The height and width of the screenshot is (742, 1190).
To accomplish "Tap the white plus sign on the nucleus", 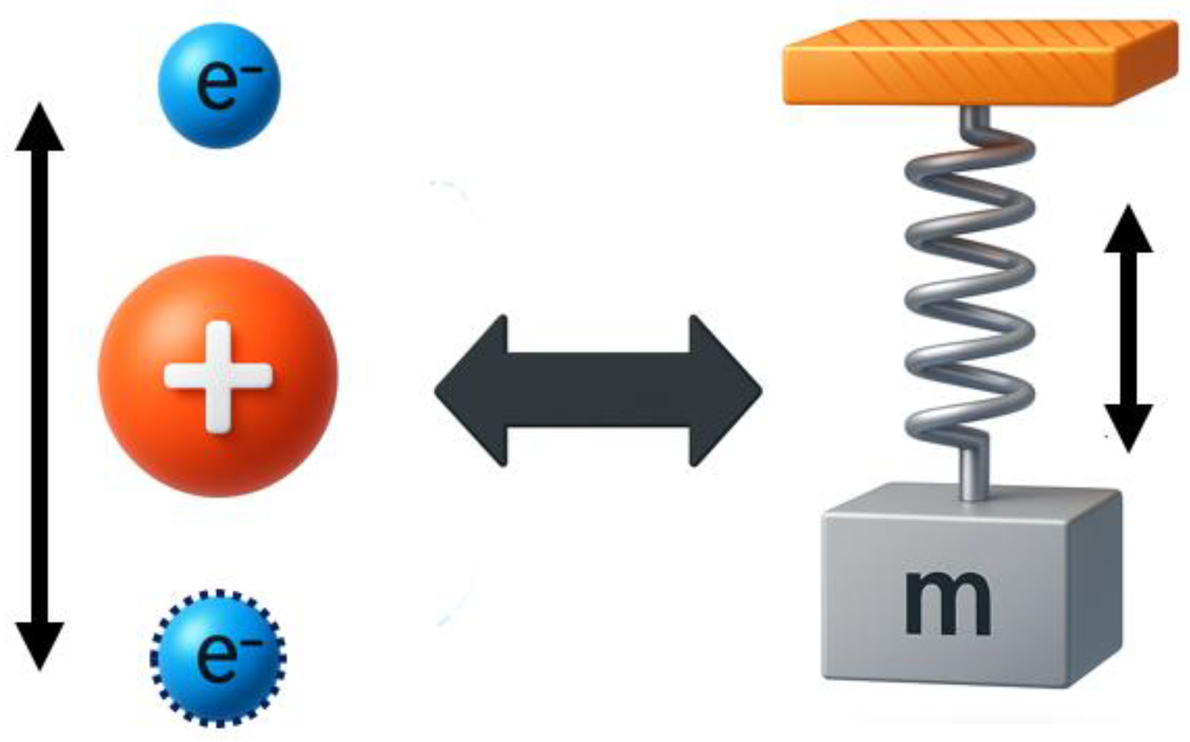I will pos(218,376).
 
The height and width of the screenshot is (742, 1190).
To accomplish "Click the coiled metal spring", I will pos(970,285).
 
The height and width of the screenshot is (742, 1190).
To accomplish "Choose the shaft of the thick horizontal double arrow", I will pos(598,391).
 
